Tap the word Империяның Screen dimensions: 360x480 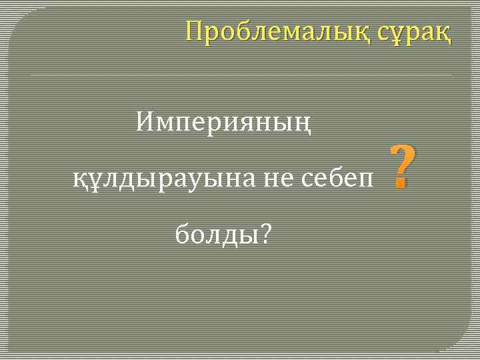coord(223,122)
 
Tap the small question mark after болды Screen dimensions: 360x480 coord(266,233)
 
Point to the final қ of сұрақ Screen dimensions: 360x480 coord(443,33)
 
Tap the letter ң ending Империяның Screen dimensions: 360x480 coord(303,123)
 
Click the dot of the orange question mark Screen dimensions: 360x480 coord(401,185)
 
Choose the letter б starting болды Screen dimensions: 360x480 coord(182,233)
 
